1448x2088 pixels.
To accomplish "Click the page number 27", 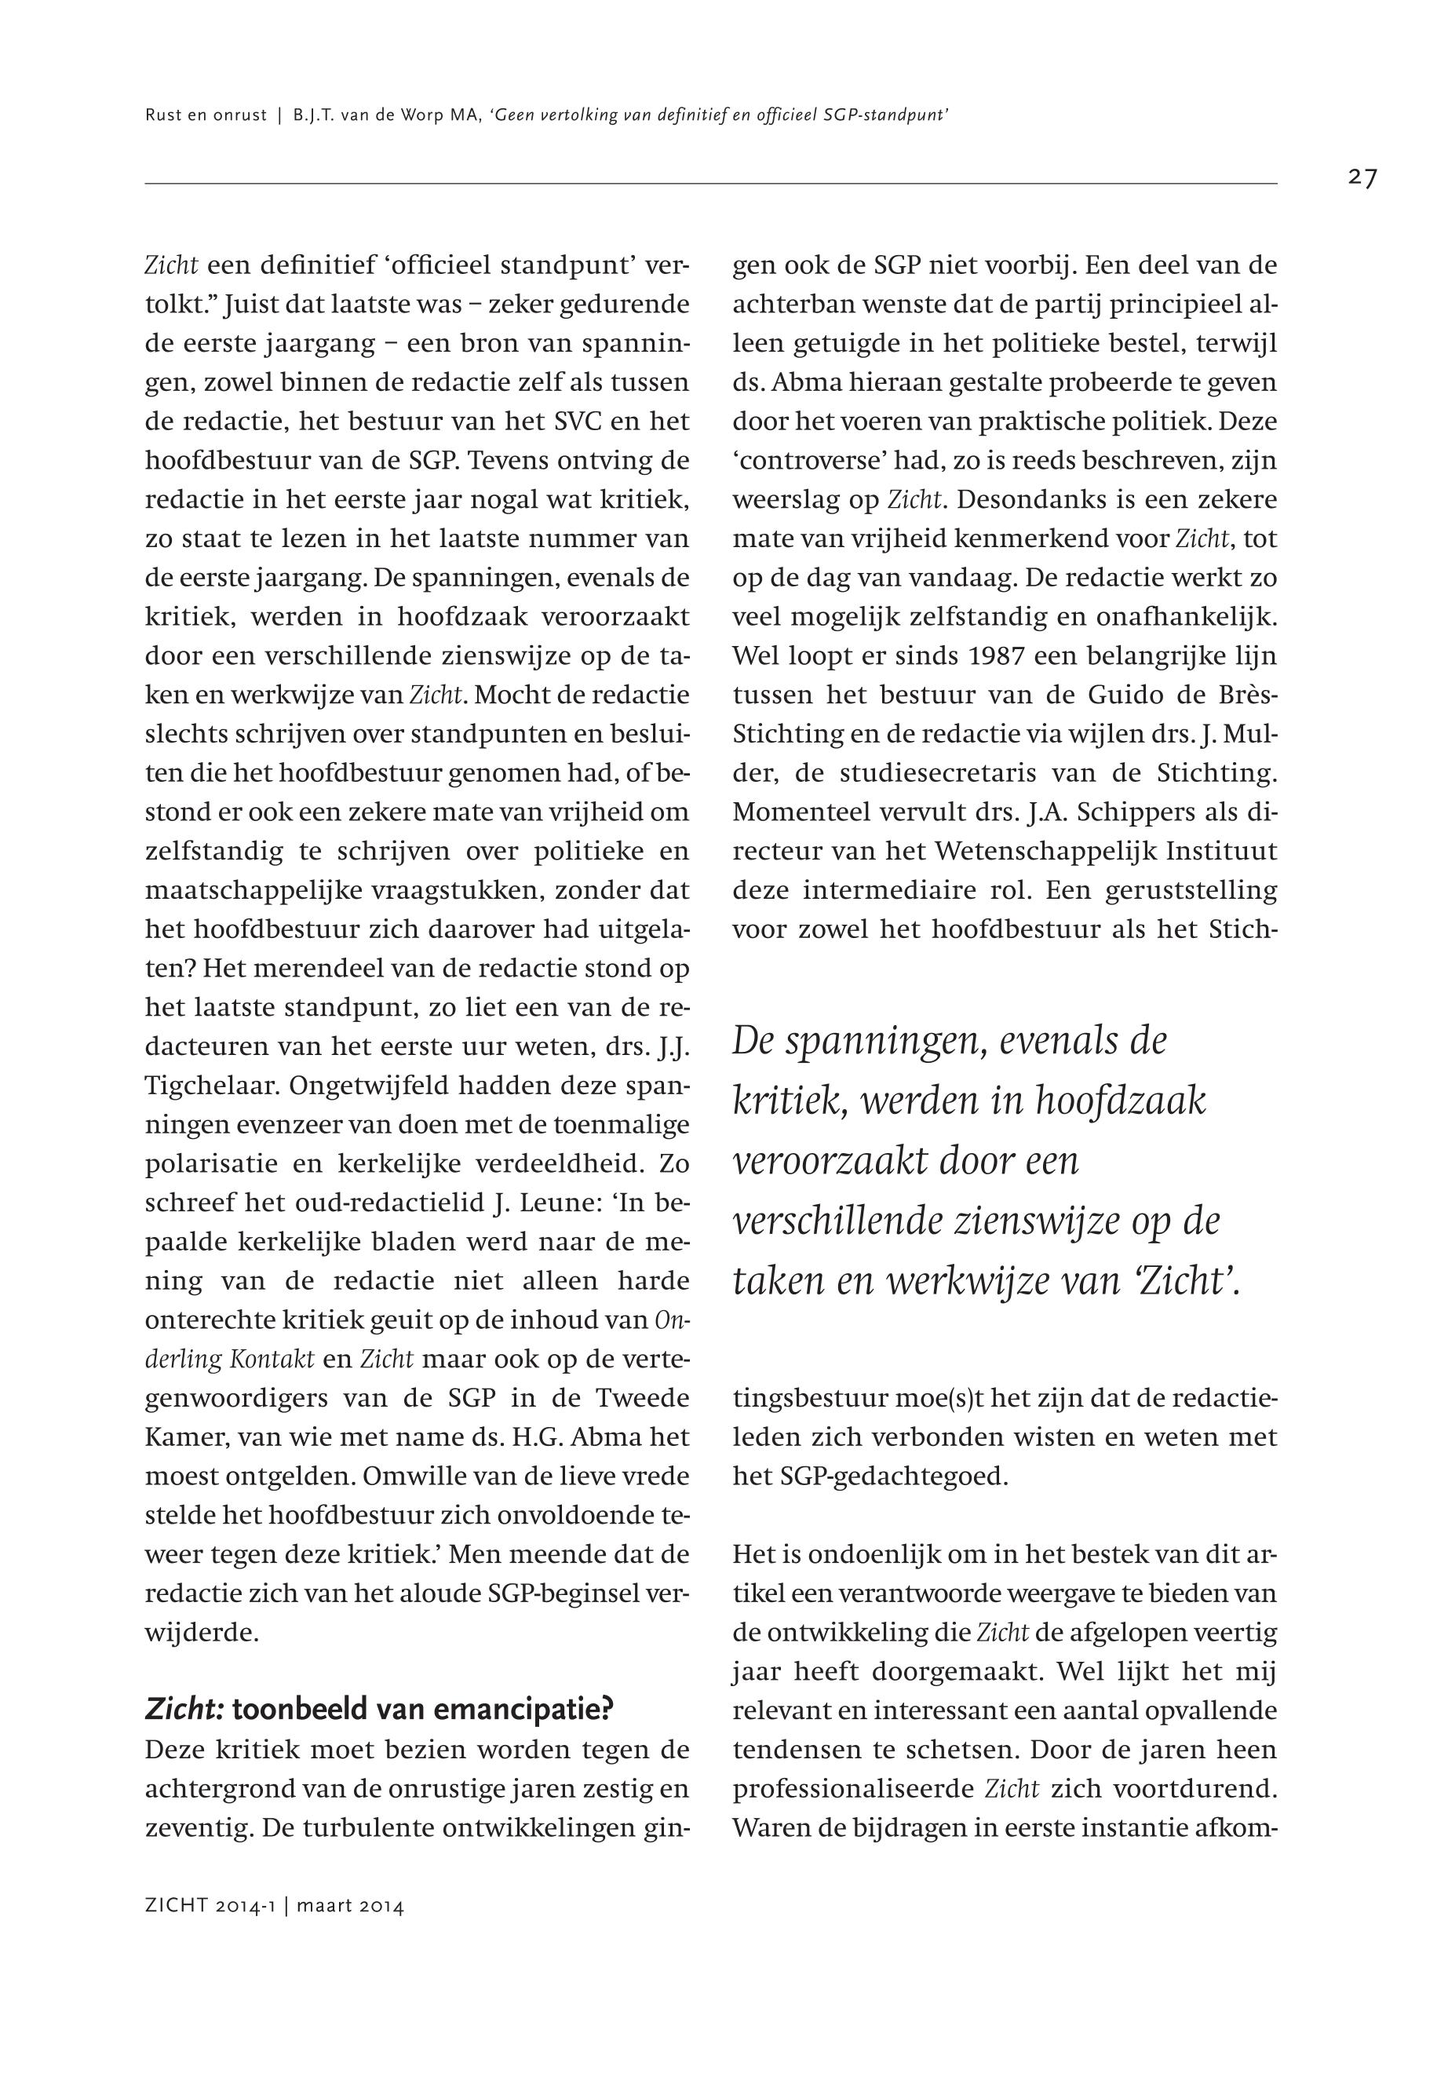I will tap(1362, 178).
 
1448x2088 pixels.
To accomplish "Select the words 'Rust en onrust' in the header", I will tap(206, 115).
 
